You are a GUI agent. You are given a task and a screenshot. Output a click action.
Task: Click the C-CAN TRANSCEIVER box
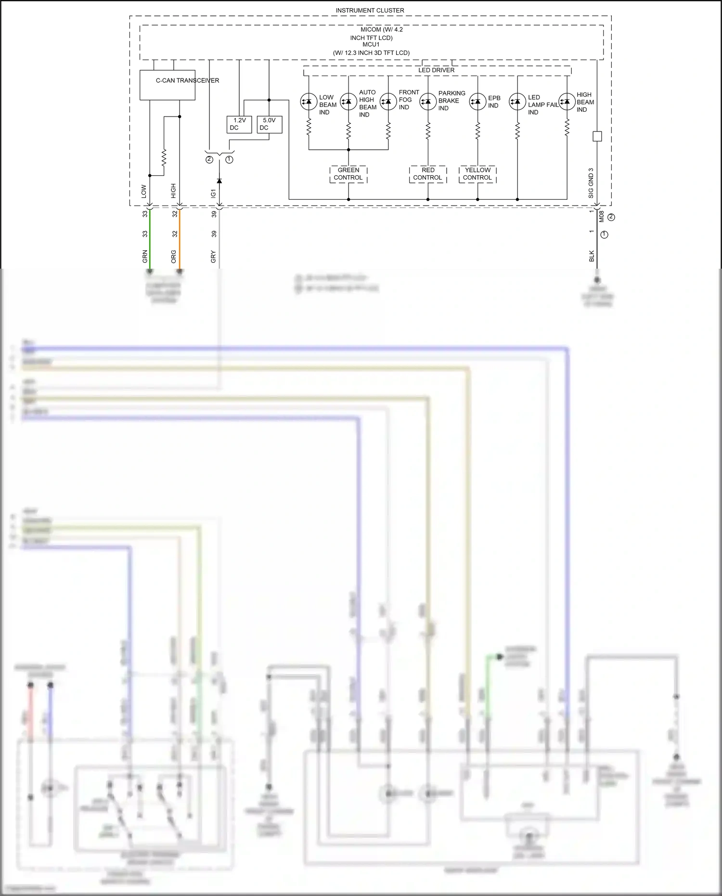click(x=167, y=85)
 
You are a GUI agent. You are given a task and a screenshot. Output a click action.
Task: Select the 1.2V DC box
click(x=239, y=124)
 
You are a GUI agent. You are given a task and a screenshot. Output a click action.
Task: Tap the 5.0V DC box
click(x=269, y=124)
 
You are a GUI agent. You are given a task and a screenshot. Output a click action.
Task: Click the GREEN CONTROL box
click(x=348, y=174)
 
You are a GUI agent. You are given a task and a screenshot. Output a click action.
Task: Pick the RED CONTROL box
click(x=428, y=174)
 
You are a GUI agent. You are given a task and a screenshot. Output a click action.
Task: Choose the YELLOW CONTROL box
click(x=477, y=174)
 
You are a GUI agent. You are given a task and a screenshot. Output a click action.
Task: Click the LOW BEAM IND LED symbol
click(x=309, y=102)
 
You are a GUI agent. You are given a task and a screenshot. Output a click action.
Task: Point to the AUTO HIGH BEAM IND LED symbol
click(x=348, y=102)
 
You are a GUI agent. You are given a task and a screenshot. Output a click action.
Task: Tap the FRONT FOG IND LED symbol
click(x=388, y=102)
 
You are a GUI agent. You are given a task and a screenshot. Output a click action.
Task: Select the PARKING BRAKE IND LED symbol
click(x=428, y=102)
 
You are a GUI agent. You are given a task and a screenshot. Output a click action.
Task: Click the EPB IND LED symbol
click(x=477, y=102)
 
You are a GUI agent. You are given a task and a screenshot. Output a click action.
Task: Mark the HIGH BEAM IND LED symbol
click(x=567, y=102)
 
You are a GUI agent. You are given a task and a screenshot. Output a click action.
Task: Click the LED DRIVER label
click(x=436, y=70)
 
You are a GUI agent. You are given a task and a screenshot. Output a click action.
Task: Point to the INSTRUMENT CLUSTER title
click(x=370, y=10)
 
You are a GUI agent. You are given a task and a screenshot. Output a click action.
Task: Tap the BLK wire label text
click(x=592, y=256)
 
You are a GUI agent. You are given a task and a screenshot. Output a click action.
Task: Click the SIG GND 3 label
click(x=591, y=183)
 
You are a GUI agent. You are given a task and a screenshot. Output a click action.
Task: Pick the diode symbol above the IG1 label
click(x=219, y=181)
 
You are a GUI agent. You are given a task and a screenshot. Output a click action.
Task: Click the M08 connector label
click(x=602, y=216)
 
